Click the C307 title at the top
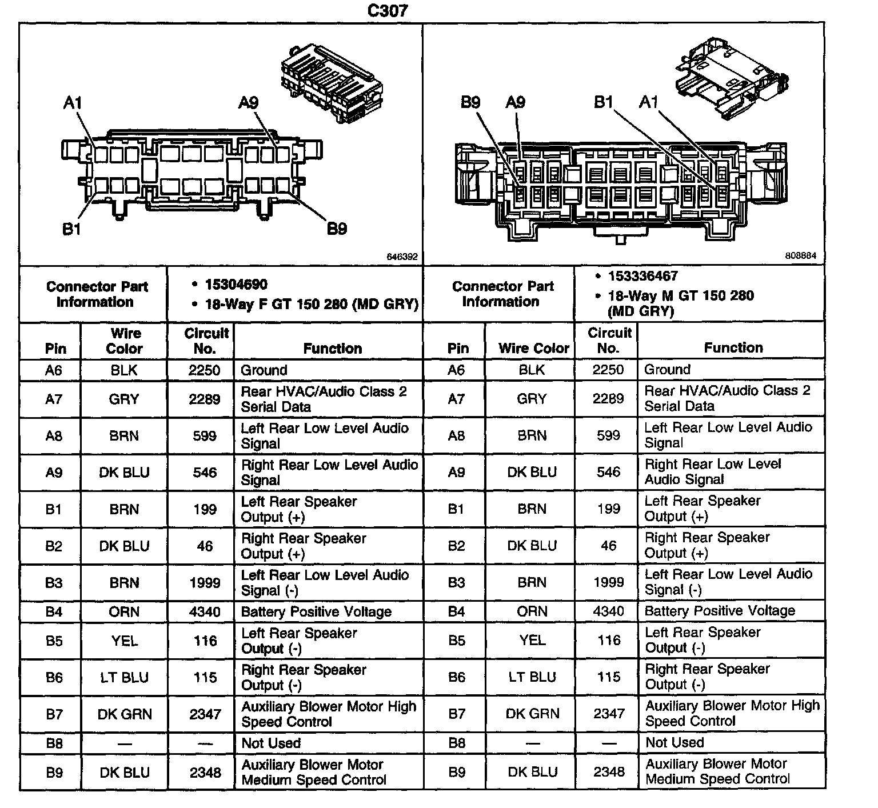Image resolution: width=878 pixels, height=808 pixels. tap(388, 11)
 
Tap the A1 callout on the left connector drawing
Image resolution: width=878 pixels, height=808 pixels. tap(73, 103)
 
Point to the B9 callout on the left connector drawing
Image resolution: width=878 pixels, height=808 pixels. tap(337, 229)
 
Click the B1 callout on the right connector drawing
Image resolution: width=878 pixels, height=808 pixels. tap(604, 102)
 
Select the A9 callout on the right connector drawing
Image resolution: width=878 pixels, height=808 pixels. tap(515, 102)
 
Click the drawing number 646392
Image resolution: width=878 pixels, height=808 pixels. tap(402, 257)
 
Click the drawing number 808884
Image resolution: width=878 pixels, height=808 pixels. tap(800, 256)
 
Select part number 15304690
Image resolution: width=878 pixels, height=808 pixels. tap(236, 284)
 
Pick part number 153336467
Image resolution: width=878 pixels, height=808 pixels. tap(642, 276)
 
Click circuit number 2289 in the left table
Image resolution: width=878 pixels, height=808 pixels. tap(205, 399)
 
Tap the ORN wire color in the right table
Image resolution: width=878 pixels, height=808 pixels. tap(532, 611)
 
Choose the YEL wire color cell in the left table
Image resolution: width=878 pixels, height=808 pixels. tap(124, 641)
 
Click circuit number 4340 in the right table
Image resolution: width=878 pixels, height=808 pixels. tap(608, 611)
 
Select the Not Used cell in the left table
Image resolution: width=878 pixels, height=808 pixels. tap(271, 743)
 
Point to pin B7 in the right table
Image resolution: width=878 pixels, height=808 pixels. tap(456, 713)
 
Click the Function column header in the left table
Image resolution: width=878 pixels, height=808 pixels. tap(332, 349)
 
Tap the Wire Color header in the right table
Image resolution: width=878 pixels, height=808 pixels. tap(533, 348)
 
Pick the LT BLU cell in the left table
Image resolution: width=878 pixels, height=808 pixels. tap(124, 678)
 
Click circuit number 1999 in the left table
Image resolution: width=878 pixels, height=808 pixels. tap(205, 583)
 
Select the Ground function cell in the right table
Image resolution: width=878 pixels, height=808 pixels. tap(667, 369)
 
